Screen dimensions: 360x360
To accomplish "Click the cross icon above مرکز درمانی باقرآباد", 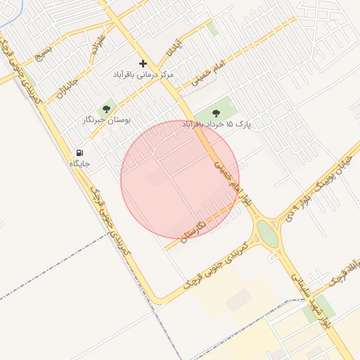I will click(x=143, y=63).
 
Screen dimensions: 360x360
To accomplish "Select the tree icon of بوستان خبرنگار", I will click(x=106, y=109).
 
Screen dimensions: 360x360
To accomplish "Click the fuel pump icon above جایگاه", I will click(x=79, y=153).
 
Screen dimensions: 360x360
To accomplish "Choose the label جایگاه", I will click(x=79, y=163).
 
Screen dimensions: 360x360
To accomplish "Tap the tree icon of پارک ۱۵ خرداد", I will click(x=215, y=113).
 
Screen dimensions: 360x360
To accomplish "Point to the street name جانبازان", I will click(x=63, y=86).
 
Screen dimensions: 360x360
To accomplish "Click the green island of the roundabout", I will click(x=267, y=233).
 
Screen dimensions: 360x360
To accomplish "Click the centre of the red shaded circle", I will click(x=180, y=179).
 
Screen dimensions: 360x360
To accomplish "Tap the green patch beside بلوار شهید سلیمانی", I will click(x=315, y=309).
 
